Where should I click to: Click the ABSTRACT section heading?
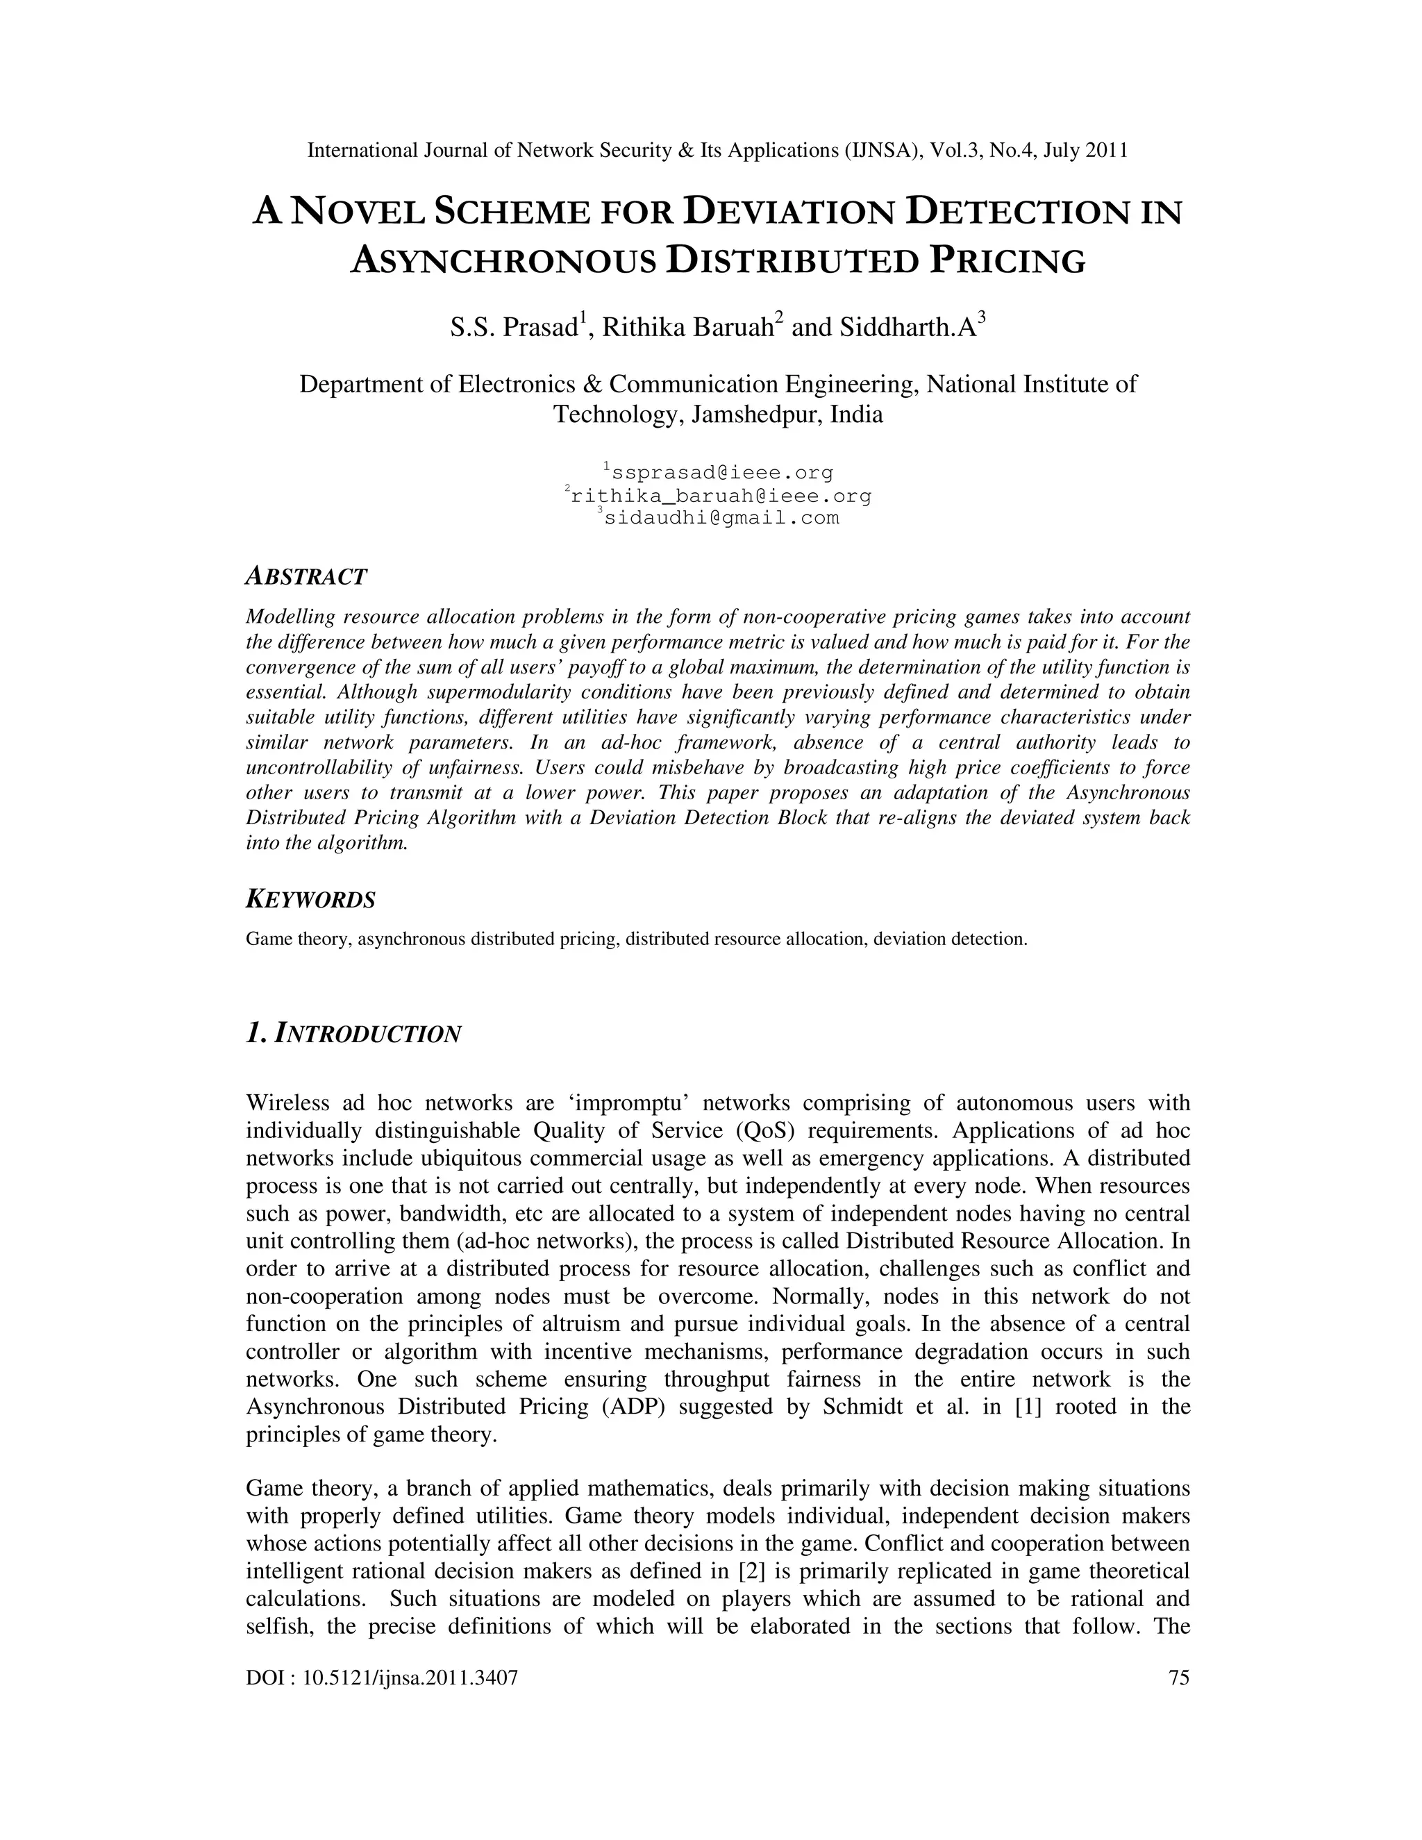[x=306, y=577]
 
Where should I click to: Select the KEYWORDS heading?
[x=310, y=900]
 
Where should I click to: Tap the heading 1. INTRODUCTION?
[x=353, y=1034]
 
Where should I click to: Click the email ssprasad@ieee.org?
[x=722, y=473]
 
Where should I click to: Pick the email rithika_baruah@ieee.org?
[x=720, y=496]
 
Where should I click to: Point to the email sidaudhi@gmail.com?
[x=722, y=518]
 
